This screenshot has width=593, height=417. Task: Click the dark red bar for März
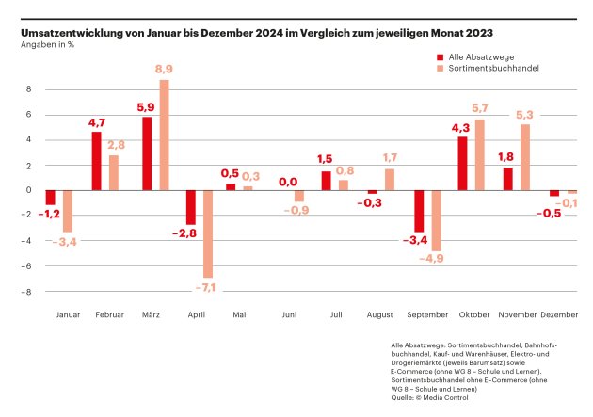(x=147, y=152)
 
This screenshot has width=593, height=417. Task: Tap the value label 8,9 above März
(x=164, y=71)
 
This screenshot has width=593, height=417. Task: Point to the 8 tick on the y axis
(x=29, y=89)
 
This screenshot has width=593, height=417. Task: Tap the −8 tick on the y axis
(x=27, y=292)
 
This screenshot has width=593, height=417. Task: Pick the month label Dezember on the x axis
(x=559, y=314)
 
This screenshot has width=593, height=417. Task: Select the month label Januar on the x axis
(x=69, y=314)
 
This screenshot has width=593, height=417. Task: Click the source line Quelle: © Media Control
(x=429, y=397)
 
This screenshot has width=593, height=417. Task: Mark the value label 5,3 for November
(x=524, y=116)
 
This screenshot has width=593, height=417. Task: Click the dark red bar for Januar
(x=50, y=197)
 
